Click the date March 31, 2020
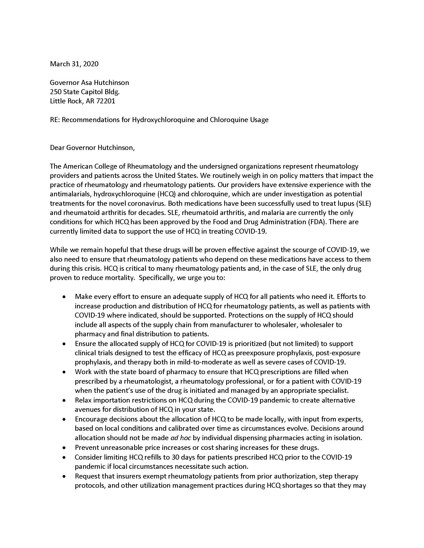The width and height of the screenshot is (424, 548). [74, 64]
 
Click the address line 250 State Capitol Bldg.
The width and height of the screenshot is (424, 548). [85, 92]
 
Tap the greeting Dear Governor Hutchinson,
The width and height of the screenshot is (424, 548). [92, 147]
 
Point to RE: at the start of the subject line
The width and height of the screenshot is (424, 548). [55, 120]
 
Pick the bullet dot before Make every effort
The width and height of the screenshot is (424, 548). [65, 297]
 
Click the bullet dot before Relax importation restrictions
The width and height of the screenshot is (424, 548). [65, 401]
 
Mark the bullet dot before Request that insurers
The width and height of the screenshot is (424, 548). [65, 476]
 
